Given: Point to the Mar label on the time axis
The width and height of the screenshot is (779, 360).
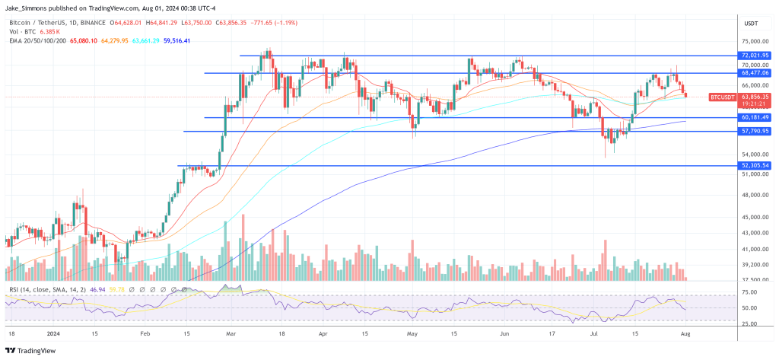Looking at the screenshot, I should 231,333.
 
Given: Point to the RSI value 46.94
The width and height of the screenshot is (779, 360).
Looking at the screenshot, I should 76,290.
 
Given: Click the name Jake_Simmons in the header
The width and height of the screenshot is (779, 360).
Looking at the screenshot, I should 28,8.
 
